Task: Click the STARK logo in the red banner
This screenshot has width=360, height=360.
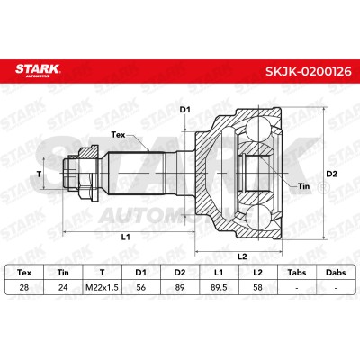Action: (38, 70)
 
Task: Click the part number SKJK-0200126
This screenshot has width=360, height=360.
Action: (308, 71)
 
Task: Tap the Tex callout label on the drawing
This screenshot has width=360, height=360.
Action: (118, 135)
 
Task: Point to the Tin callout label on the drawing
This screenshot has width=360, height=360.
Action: (303, 186)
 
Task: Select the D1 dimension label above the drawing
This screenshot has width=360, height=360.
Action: (185, 110)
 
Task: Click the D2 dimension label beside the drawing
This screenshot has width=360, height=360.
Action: (332, 174)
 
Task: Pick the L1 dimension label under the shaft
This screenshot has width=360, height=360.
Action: (126, 237)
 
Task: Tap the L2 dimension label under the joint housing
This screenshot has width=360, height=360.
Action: (242, 256)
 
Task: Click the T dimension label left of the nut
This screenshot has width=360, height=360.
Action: (39, 174)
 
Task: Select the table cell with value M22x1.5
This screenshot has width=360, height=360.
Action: (102, 288)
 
